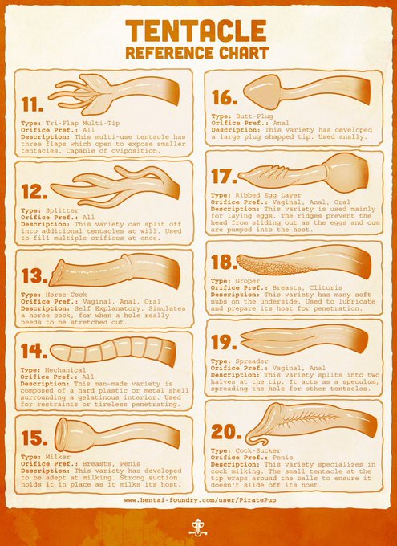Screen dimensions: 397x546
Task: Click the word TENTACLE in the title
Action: (196, 31)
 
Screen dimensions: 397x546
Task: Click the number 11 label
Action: (32, 104)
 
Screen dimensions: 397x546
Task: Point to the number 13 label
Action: (34, 276)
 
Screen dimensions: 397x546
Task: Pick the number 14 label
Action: (34, 351)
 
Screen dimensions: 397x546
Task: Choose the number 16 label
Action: (225, 97)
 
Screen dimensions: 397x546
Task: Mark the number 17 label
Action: (224, 176)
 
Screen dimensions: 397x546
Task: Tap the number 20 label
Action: (226, 432)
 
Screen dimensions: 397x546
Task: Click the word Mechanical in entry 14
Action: (66, 370)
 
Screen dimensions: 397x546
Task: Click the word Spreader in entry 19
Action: (252, 361)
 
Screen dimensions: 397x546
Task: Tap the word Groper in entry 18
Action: (247, 281)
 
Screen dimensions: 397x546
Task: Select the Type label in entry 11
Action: (31, 124)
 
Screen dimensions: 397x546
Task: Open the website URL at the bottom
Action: (200, 500)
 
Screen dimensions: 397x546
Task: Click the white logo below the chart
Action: (198, 527)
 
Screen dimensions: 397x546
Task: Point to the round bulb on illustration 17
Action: (346, 173)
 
